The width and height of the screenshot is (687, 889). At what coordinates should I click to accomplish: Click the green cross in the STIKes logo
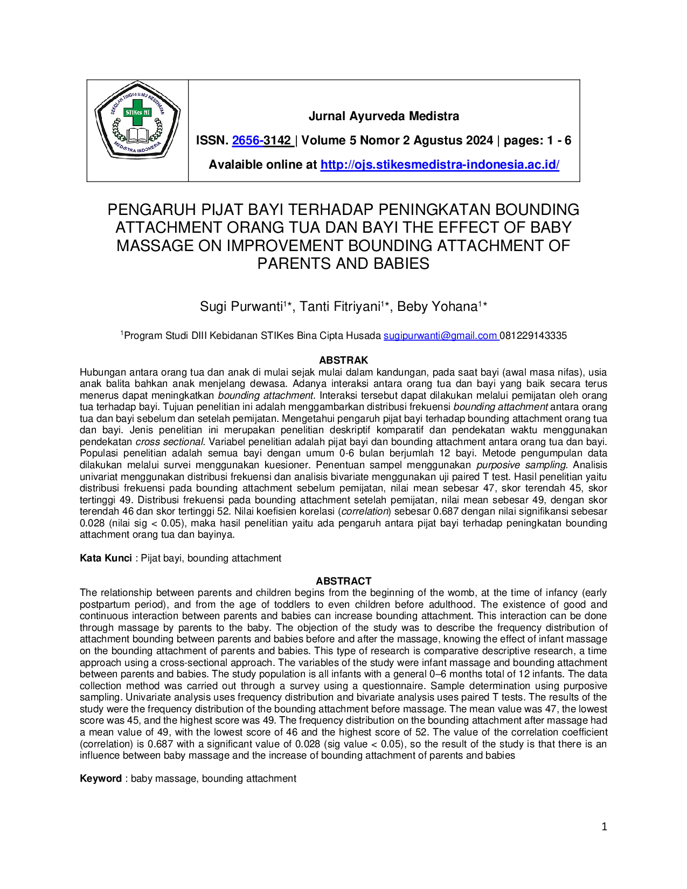(x=137, y=112)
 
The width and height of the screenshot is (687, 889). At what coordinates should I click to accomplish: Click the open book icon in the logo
(x=137, y=135)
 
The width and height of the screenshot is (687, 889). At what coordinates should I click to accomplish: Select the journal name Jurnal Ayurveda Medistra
(x=384, y=116)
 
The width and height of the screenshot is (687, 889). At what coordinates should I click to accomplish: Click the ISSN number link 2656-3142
(x=261, y=140)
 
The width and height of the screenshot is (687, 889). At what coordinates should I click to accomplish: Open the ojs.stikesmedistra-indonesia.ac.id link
(x=440, y=164)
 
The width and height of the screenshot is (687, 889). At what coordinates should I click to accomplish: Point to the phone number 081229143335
(x=533, y=336)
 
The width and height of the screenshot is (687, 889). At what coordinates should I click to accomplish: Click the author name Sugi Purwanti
(x=241, y=307)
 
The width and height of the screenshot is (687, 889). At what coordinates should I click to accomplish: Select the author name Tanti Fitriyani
(x=341, y=307)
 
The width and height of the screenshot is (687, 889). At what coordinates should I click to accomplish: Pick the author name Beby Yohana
(x=438, y=307)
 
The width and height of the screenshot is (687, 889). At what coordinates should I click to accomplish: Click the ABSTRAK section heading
(x=344, y=360)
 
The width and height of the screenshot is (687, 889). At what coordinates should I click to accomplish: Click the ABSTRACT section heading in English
(x=344, y=581)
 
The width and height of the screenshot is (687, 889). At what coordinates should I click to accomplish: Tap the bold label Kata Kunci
(x=106, y=558)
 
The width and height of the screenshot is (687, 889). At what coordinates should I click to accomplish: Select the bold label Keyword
(x=101, y=778)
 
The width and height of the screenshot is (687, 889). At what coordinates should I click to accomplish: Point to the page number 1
(x=605, y=827)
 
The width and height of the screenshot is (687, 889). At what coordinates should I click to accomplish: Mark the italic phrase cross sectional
(x=170, y=442)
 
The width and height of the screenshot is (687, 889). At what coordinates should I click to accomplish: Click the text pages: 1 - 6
(x=537, y=140)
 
